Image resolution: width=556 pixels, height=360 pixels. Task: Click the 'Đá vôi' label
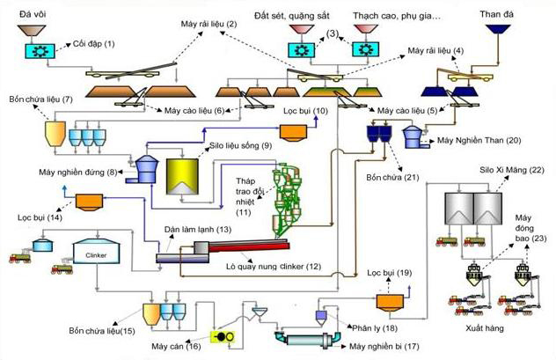33,15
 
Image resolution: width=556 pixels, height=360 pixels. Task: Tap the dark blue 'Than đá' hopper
498,29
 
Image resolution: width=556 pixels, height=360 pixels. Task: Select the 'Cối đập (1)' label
93,44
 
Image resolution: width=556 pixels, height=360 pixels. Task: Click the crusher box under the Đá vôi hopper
40,51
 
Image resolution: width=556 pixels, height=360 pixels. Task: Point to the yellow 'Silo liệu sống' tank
182,176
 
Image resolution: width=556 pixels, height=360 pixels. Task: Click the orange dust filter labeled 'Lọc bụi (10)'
293,133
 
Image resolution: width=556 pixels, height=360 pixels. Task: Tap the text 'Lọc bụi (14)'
40,217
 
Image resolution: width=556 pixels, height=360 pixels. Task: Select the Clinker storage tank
96,252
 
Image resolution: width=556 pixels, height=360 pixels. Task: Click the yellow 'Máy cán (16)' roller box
223,336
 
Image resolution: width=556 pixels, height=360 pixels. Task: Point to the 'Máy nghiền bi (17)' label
384,346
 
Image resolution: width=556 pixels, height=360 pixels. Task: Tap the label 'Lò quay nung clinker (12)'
274,266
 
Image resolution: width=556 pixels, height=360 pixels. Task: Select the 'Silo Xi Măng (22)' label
512,170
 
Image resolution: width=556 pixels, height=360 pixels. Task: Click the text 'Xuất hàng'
485,328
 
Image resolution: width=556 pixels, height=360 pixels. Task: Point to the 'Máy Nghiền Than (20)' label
479,141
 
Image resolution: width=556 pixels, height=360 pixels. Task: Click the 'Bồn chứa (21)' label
392,177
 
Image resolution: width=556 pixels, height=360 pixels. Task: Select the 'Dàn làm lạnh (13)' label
198,230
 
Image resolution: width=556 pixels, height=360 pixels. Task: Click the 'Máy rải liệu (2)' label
208,24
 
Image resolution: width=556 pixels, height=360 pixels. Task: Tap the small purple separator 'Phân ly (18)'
321,317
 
